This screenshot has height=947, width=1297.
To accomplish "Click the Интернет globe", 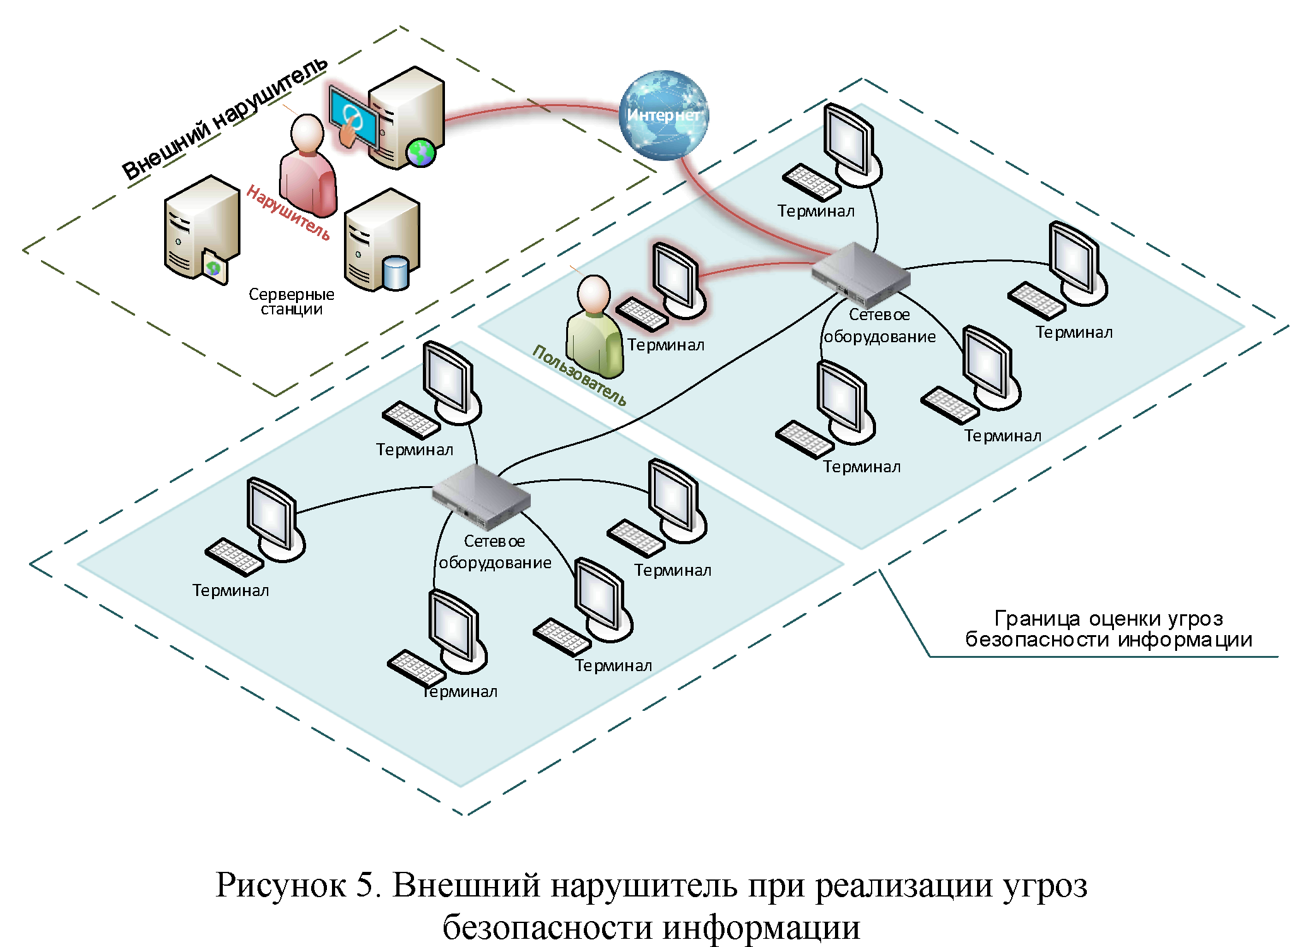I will [x=663, y=115].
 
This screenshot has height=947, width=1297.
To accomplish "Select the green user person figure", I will [x=593, y=328].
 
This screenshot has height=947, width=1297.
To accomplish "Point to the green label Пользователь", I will [x=579, y=375].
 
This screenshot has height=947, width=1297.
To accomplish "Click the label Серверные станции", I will [x=291, y=302].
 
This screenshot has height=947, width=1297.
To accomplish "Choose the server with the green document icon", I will [x=201, y=227].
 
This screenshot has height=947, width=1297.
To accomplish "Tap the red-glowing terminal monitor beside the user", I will [x=677, y=278].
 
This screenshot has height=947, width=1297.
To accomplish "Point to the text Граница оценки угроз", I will [x=1108, y=619].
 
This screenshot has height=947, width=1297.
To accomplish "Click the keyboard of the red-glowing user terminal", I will [x=641, y=314].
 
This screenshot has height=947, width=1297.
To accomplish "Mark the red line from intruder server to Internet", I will [x=530, y=108].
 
